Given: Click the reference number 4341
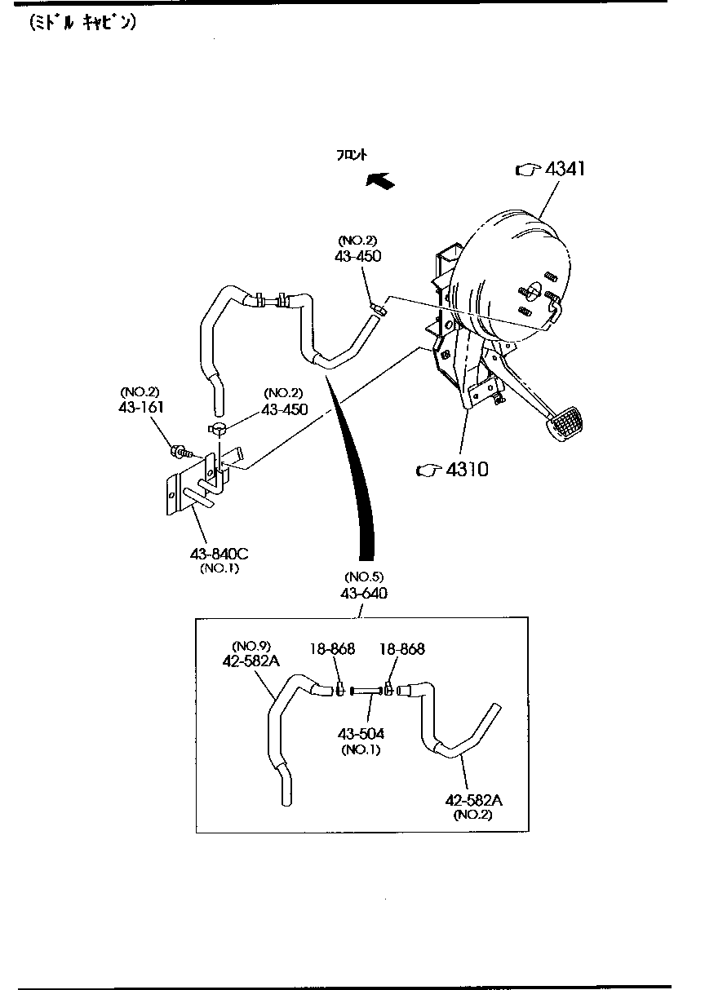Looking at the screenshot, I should tap(565, 170).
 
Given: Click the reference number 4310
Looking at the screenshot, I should tap(465, 469).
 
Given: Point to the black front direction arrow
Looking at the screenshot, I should tap(380, 180).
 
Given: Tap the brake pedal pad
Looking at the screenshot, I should tap(569, 425).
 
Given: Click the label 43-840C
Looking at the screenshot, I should tap(219, 555).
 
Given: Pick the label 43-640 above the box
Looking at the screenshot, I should tap(364, 593).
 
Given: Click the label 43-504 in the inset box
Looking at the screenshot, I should tap(362, 734).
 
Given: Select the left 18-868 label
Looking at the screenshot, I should tap(331, 649).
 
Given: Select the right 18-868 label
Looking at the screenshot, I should tap(401, 649).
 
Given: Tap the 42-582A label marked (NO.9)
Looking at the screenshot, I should tap(251, 661).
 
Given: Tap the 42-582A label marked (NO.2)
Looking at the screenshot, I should tap(473, 801).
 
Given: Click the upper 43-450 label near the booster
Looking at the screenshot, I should tap(357, 256).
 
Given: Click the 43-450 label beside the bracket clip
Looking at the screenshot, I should tap(285, 409).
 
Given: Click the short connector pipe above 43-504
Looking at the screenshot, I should tap(366, 692).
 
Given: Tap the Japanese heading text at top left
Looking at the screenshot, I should tap(82, 23).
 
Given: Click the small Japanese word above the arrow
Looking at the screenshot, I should tap(352, 154).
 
